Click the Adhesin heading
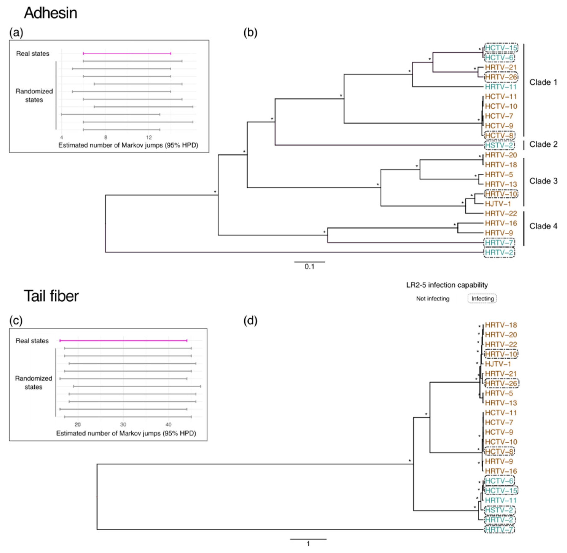point(50,13)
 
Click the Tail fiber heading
point(51,296)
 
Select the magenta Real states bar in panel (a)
point(127,54)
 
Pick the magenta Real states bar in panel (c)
point(123,340)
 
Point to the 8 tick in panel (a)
point(106,137)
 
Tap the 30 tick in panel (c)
point(123,424)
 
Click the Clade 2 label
point(543,144)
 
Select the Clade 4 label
point(543,226)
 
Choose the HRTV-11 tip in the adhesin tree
point(501,87)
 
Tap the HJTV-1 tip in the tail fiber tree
point(498,364)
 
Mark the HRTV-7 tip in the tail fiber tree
point(499,529)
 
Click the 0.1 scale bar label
point(309,267)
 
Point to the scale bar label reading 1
point(308,544)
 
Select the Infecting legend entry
point(482,299)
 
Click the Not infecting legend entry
point(433,299)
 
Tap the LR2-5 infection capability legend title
point(447,285)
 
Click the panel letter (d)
point(250,320)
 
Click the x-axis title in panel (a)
point(128,145)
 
